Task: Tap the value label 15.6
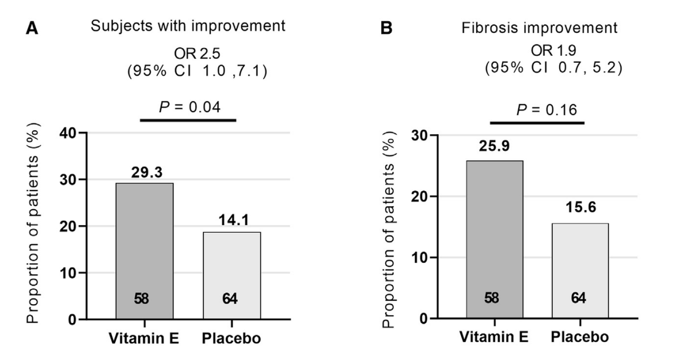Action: [x=580, y=211]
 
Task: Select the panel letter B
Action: [x=387, y=28]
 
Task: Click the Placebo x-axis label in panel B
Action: [x=580, y=337]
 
